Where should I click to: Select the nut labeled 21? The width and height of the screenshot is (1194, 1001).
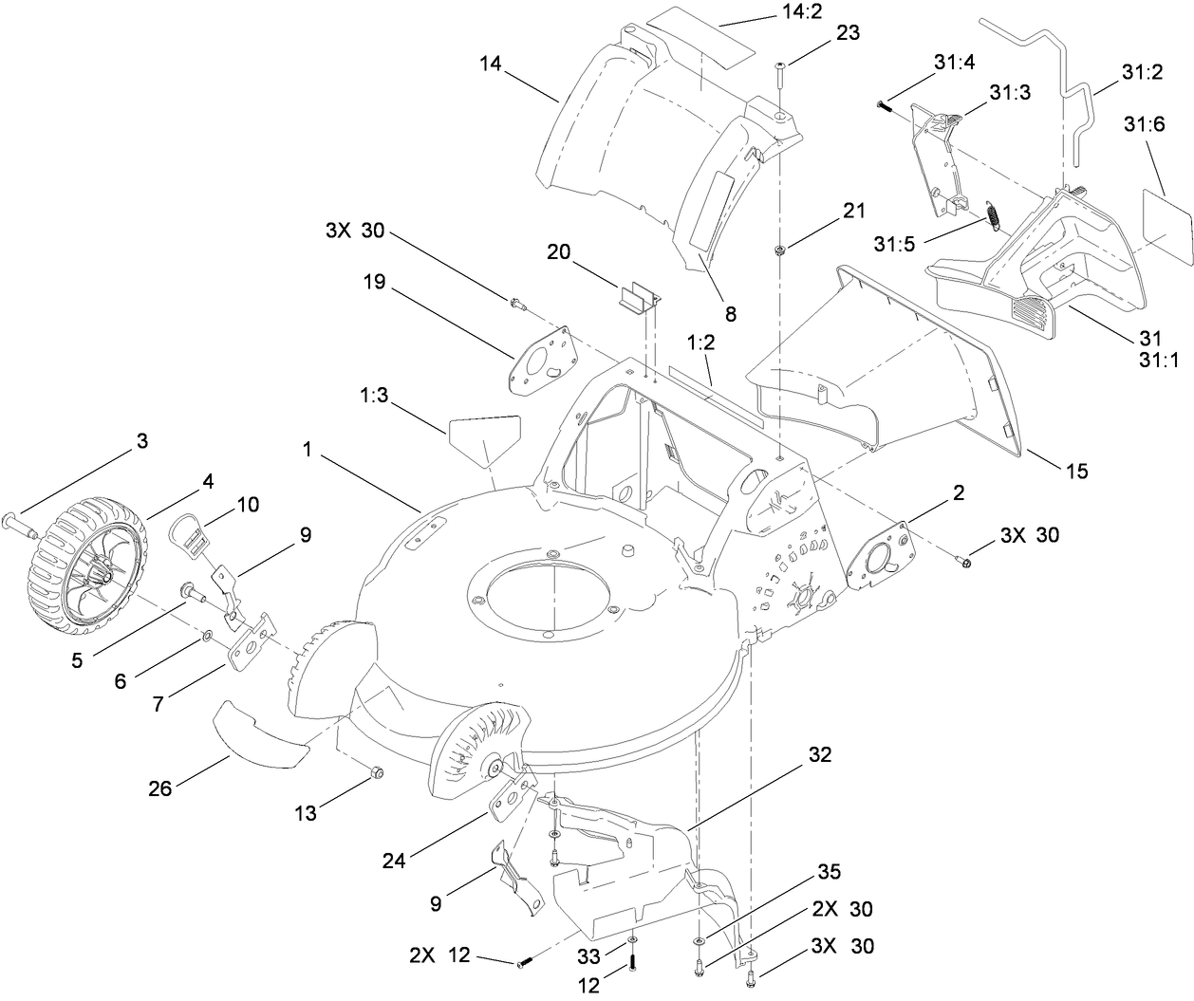778,250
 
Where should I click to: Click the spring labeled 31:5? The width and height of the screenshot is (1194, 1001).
991,216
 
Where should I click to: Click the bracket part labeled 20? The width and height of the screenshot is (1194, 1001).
640,297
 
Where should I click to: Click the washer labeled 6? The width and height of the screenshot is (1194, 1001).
206,633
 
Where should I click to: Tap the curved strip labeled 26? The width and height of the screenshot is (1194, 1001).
262,734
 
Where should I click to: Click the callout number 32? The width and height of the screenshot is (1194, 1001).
820,755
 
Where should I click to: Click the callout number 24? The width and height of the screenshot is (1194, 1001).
394,861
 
